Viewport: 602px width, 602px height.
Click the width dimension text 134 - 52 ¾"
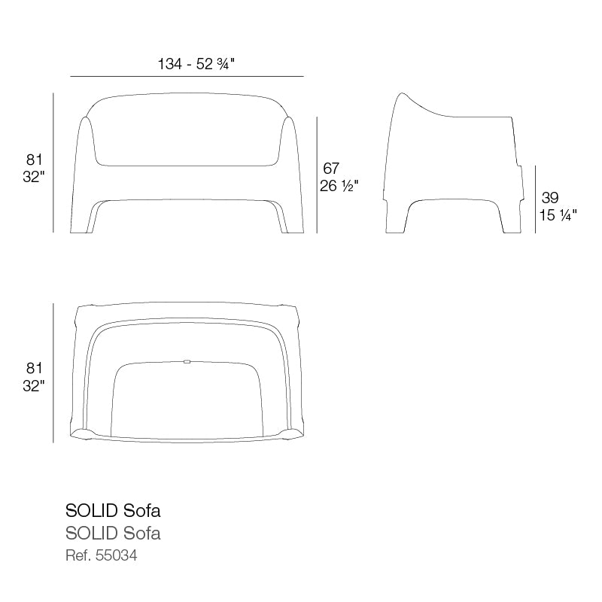196,64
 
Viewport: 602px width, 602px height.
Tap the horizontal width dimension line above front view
187,77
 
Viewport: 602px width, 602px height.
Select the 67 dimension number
331,168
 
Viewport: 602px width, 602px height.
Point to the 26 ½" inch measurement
339,186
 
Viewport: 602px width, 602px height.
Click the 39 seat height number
550,198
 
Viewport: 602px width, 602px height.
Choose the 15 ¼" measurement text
558,215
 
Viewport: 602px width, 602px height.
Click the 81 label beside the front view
34,160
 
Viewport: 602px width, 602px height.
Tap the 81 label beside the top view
34,368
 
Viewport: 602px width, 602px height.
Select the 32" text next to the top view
34,385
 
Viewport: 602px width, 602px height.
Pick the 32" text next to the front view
34,177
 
